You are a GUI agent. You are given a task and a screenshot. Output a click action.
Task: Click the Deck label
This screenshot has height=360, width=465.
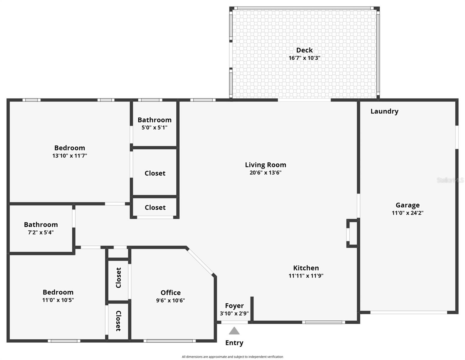304,50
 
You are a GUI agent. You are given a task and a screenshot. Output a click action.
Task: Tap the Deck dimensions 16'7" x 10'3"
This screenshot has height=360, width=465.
304,58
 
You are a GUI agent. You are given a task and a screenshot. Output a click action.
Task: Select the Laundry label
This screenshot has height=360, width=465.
384,111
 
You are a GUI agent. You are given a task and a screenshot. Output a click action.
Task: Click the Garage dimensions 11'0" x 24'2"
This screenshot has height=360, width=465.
407,213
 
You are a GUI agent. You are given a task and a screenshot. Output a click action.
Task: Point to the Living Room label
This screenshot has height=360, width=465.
265,165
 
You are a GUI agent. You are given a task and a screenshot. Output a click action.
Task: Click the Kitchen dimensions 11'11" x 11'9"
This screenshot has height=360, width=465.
306,276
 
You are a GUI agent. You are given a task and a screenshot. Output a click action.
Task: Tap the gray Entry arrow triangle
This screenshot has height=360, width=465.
234,331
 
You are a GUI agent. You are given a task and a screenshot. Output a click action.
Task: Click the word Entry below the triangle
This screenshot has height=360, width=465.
234,343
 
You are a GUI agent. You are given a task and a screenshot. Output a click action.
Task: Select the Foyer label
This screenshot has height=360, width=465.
234,306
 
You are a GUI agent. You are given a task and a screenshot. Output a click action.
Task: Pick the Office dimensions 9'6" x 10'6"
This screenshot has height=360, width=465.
170,300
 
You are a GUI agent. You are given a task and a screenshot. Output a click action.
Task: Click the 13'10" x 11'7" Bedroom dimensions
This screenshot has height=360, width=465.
70,156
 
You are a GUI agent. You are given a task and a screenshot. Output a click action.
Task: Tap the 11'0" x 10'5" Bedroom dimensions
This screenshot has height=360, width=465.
58,300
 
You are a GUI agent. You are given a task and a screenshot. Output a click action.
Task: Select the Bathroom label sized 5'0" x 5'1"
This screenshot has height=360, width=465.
154,120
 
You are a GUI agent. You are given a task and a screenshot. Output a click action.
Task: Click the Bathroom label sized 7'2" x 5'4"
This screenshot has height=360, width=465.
41,225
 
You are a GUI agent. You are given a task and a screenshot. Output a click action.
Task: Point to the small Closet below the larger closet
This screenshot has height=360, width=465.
155,208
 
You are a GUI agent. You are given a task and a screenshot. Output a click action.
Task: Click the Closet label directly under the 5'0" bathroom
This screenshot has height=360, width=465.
155,173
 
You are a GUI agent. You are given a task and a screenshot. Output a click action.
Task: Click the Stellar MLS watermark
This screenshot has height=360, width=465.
450,180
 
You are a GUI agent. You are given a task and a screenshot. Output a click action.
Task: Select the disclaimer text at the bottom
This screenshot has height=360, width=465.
232,357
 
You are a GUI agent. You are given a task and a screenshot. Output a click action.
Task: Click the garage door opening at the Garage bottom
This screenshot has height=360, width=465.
409,312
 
